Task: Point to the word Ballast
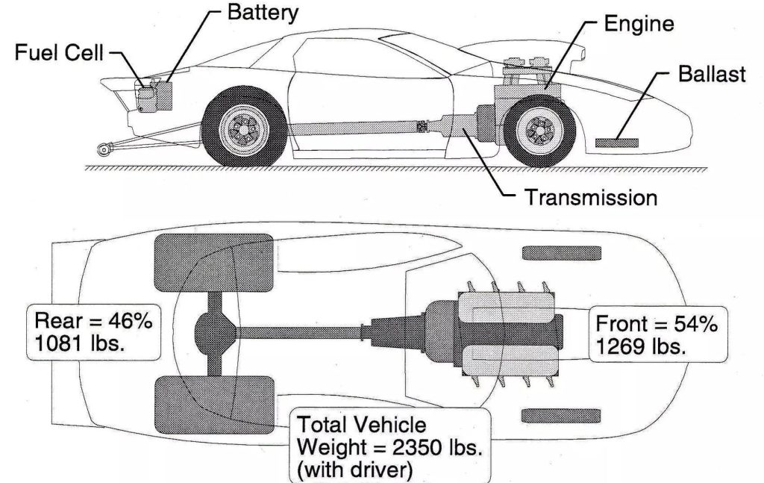tap(712, 75)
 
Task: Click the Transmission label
tap(590, 198)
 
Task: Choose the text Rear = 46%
tap(93, 322)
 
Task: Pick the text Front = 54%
tap(657, 325)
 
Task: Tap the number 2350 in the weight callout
tap(410, 447)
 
